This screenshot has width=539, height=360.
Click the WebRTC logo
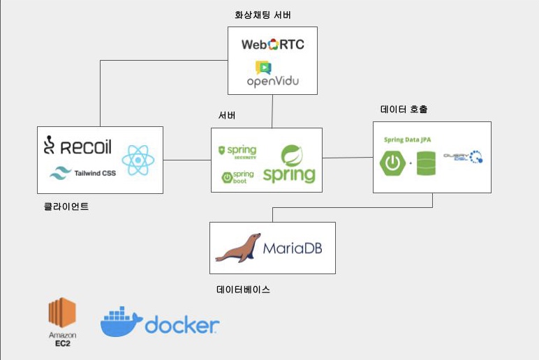coord(272,45)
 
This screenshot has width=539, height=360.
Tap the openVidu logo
coord(272,75)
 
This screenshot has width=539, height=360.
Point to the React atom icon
coord(138,160)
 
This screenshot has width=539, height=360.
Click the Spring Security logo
coord(237,151)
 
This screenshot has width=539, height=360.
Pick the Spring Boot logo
coord(237,177)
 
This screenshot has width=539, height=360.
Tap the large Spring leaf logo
coord(290,164)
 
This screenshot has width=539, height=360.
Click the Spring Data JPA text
coord(407,140)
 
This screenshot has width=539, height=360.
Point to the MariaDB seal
coord(237,248)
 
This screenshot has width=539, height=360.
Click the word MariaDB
coord(292,248)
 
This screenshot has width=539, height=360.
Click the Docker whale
coord(121,322)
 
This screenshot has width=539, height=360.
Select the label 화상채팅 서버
coord(263,15)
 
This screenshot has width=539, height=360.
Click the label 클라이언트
coord(66,206)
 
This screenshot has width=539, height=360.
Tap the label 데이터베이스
coord(243,288)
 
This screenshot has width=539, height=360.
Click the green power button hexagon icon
coord(392,164)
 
